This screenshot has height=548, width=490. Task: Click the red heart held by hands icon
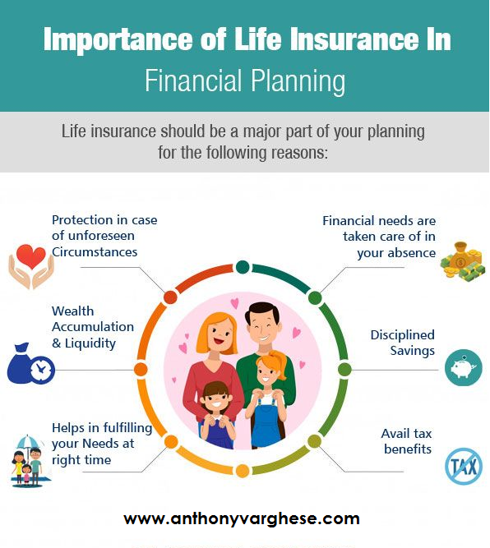point(31,266)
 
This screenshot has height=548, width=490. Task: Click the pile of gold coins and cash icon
point(462,260)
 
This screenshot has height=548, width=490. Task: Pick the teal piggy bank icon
point(464,368)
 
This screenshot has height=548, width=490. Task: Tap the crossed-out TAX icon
point(464,466)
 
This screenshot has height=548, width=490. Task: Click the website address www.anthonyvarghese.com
point(242,518)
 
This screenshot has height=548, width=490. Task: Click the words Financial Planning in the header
point(245,81)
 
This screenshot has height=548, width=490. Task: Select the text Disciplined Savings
point(402,343)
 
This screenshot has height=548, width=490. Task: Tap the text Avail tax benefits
point(407,441)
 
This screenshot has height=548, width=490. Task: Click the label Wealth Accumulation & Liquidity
point(93,327)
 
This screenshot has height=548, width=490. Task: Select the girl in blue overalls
point(268,399)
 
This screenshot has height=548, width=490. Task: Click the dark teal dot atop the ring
point(243,267)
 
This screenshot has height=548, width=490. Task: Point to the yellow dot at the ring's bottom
point(243,471)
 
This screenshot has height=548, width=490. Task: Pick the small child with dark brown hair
point(216,415)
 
